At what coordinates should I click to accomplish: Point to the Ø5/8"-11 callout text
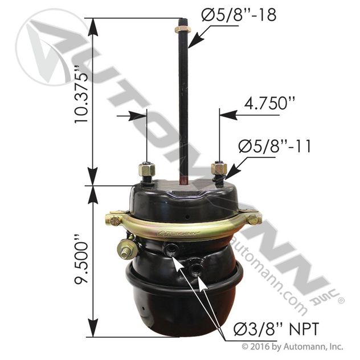[x=275, y=146]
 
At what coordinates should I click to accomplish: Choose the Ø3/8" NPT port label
[x=276, y=329]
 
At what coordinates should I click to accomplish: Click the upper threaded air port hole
[x=171, y=248]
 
